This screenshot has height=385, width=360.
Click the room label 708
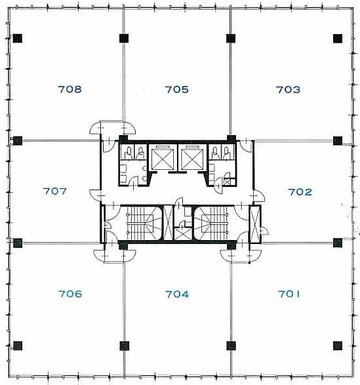click(x=70, y=89)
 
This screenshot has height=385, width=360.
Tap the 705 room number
click(x=176, y=90)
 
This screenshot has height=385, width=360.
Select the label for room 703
click(x=288, y=90)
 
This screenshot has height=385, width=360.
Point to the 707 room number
click(x=55, y=191)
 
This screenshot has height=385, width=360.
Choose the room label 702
click(x=300, y=192)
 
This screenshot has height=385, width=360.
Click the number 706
click(x=70, y=294)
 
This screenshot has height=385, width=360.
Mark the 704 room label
click(x=177, y=294)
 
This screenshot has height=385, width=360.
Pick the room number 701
click(x=289, y=294)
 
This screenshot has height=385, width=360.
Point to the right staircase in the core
click(x=213, y=223)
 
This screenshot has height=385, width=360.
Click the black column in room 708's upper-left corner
click(x=18, y=38)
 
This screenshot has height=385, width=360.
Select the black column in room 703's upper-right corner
click(x=338, y=38)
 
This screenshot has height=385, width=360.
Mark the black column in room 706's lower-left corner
click(x=18, y=346)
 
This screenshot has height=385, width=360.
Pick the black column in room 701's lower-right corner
click(x=338, y=346)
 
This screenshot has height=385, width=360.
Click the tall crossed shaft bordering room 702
click(x=255, y=224)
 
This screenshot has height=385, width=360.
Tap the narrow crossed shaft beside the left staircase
click(x=169, y=223)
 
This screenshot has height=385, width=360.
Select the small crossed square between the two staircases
click(x=183, y=234)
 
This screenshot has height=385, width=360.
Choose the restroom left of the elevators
click(x=133, y=165)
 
